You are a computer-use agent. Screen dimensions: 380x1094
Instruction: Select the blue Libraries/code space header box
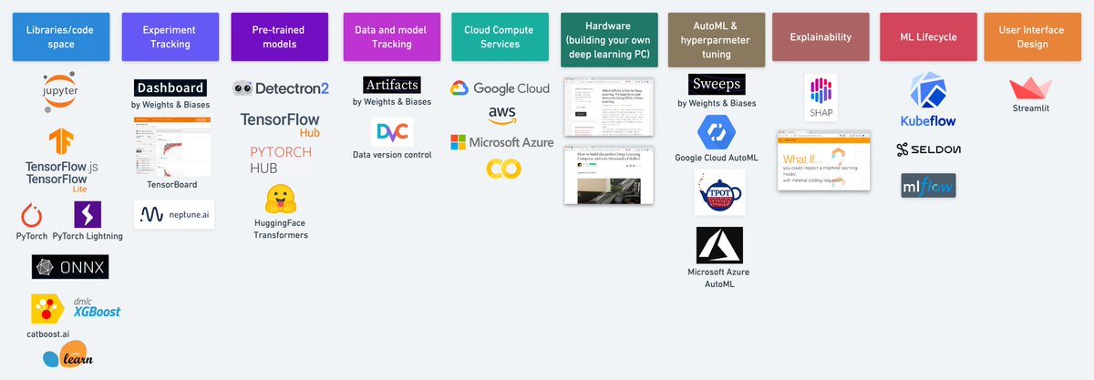pyautogui.click(x=61, y=37)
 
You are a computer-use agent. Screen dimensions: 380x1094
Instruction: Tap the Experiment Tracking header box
pyautogui.click(x=170, y=37)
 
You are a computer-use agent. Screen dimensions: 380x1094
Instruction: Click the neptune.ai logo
pyautogui.click(x=174, y=214)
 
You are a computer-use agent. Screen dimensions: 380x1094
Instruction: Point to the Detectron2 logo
pyautogui.click(x=281, y=87)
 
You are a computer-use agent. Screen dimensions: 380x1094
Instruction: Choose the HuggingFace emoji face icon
pyautogui.click(x=280, y=200)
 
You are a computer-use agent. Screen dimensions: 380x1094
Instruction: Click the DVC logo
pyautogui.click(x=392, y=133)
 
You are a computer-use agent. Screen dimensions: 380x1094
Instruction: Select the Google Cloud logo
pyautogui.click(x=500, y=88)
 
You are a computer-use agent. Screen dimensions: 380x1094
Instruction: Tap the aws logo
pyautogui.click(x=501, y=114)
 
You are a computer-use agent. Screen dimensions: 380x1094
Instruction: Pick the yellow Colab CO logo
pyautogui.click(x=498, y=169)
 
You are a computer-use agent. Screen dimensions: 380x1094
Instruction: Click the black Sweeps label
pyautogui.click(x=717, y=85)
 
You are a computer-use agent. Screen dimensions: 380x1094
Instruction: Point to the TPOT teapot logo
pyautogui.click(x=719, y=192)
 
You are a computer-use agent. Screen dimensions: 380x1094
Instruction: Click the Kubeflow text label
pyautogui.click(x=926, y=120)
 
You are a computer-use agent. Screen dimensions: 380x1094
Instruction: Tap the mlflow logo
pyautogui.click(x=928, y=185)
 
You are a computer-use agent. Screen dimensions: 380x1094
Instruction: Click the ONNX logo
pyautogui.click(x=70, y=266)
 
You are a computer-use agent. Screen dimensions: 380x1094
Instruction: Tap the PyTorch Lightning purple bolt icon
pyautogui.click(x=88, y=215)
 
